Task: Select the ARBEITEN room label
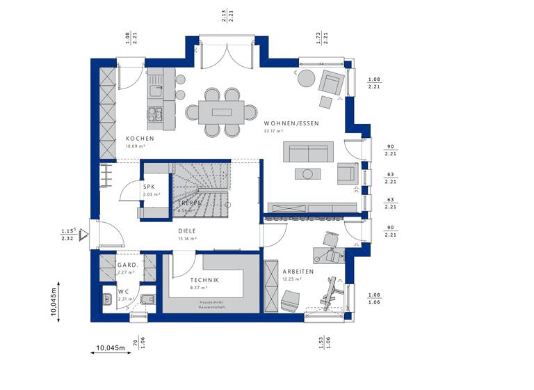(298, 272)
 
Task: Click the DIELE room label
(186, 231)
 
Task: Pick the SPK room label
(149, 187)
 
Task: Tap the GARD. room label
(127, 265)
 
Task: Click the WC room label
(122, 291)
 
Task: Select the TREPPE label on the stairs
(189, 203)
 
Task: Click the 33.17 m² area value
(273, 131)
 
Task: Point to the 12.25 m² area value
(292, 279)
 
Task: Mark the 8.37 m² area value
(200, 287)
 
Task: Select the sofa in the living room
(308, 151)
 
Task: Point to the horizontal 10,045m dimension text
(109, 347)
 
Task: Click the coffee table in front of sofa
(306, 173)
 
